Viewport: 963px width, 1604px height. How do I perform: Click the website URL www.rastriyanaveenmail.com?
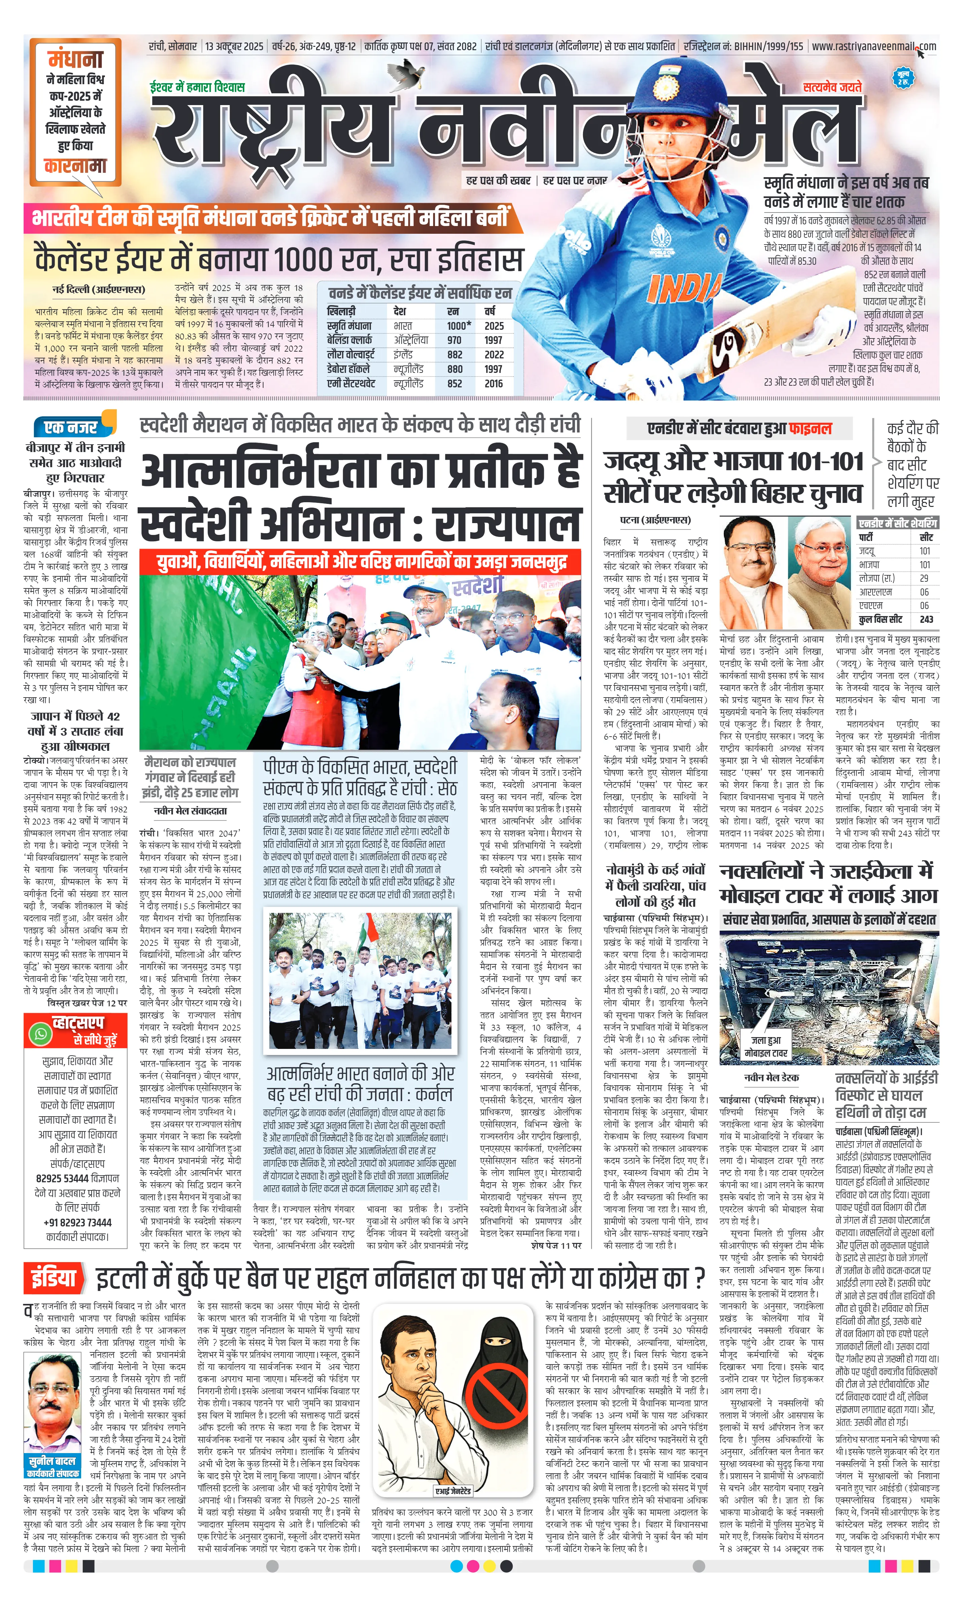click(x=873, y=47)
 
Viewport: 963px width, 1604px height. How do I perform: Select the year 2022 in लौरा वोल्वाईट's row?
click(x=494, y=355)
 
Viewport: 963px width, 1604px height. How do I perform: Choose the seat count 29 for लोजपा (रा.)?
click(x=924, y=578)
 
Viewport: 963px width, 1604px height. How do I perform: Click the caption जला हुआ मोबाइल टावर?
click(x=766, y=1046)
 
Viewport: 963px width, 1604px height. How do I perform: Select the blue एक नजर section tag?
click(x=71, y=427)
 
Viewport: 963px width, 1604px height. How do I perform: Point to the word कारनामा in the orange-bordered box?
click(x=75, y=166)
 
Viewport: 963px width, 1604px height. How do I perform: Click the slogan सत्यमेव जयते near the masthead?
click(x=832, y=87)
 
